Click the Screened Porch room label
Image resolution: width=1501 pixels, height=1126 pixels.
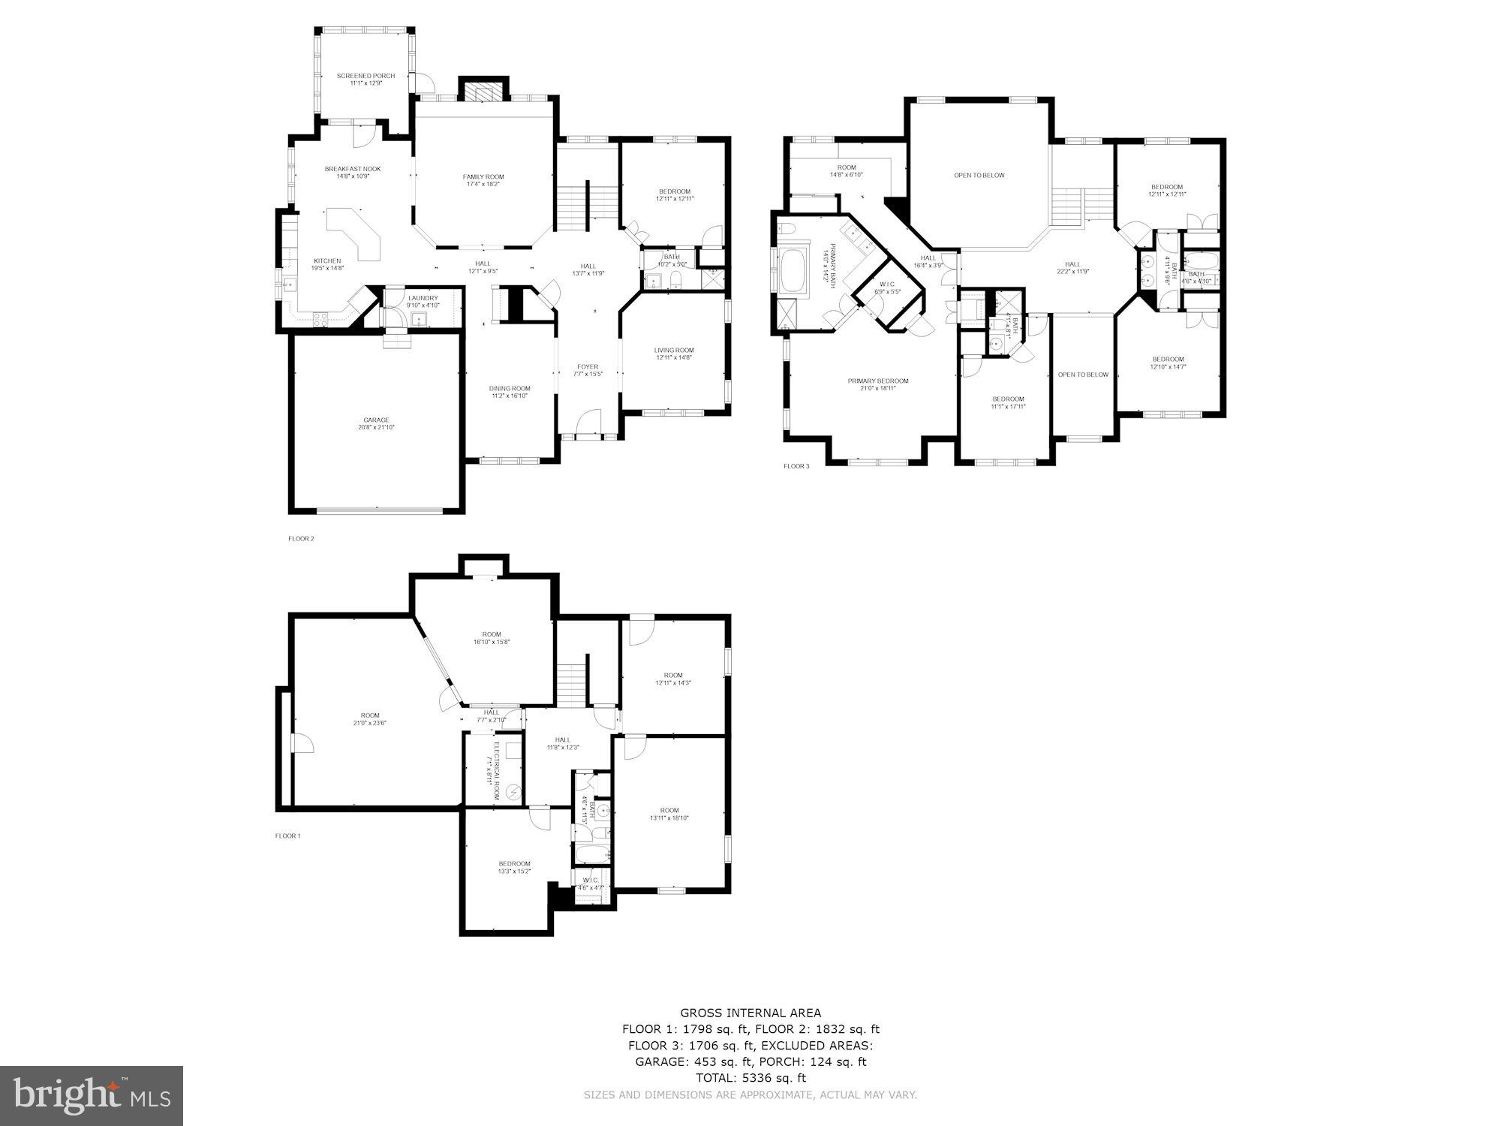tap(365, 76)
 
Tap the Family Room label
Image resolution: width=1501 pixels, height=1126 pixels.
tap(483, 177)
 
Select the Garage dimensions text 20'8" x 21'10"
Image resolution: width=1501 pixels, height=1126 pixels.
tap(376, 428)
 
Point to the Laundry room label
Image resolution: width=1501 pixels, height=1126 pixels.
tap(423, 298)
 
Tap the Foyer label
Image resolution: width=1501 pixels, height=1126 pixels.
tap(588, 367)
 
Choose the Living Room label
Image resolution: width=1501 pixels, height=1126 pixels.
tap(673, 350)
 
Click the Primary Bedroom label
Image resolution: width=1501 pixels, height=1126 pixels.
tap(877, 381)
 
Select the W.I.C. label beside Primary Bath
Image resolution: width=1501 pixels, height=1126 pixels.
tap(888, 284)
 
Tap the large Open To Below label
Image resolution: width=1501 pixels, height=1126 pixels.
tap(979, 176)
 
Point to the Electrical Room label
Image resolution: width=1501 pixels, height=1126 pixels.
tap(496, 763)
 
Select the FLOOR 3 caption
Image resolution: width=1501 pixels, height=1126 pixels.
tap(796, 466)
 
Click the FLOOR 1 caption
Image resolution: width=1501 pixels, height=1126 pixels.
tap(287, 835)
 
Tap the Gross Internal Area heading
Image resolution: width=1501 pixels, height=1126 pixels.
tap(750, 1013)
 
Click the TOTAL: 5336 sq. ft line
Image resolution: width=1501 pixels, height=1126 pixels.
tap(750, 1078)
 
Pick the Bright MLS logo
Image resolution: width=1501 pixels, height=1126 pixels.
tap(91, 1095)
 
